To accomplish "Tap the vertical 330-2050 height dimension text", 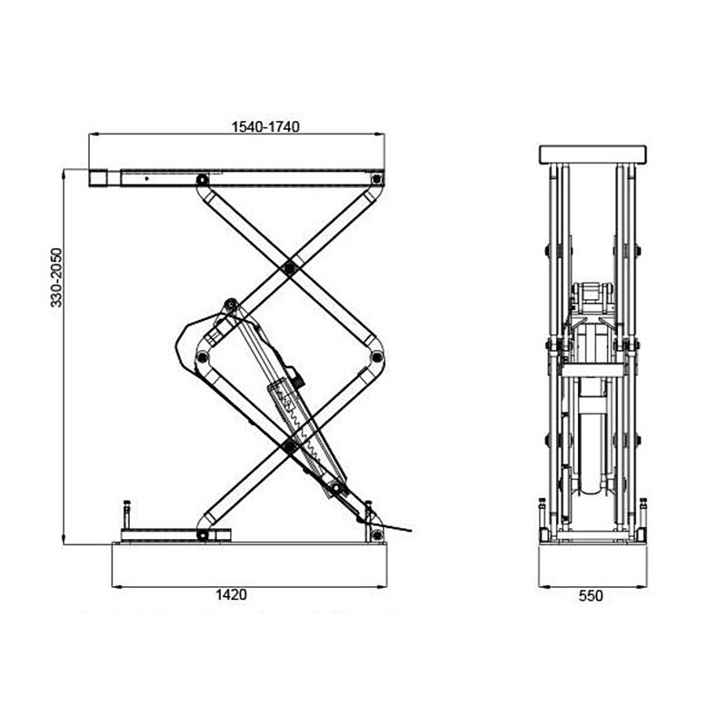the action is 57,277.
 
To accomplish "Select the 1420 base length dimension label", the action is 231,595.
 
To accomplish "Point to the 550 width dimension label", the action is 592,596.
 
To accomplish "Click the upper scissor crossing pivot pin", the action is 289,267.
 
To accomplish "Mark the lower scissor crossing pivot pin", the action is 289,445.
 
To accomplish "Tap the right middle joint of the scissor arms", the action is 373,356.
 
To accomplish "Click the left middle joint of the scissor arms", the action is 204,356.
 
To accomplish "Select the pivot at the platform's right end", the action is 375,180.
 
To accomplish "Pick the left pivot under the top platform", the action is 202,180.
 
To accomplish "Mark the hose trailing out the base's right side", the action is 400,529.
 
